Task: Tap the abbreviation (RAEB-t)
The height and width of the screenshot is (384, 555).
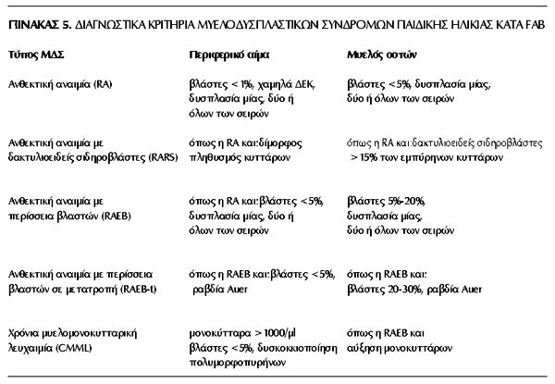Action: [144, 289]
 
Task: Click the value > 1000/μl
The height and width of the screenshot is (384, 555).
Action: [268, 330]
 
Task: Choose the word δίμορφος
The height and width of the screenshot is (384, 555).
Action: [277, 146]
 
